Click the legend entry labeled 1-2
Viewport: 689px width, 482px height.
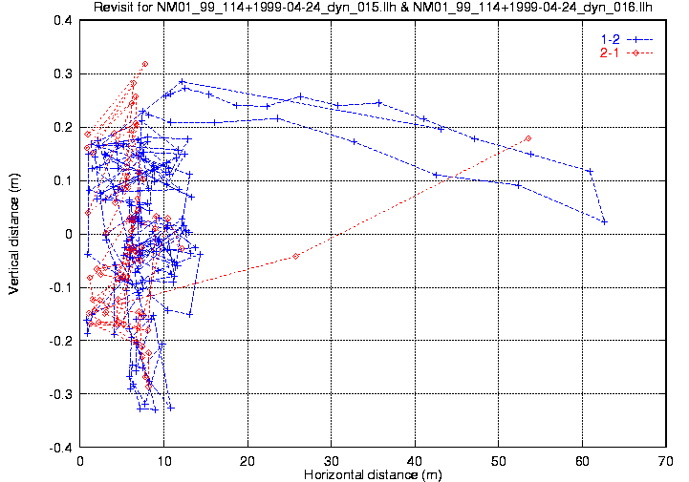click(608, 38)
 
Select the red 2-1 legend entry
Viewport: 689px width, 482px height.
click(608, 52)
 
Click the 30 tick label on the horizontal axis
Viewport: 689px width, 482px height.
click(332, 460)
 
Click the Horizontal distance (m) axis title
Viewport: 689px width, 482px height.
click(373, 474)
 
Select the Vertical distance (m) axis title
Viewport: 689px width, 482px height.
click(15, 233)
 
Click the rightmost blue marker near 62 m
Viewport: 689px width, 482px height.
click(604, 221)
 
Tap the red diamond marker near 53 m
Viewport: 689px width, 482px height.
click(528, 138)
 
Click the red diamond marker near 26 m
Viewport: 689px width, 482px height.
click(296, 256)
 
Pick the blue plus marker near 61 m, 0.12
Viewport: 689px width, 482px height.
click(590, 171)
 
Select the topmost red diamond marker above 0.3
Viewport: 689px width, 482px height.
click(145, 64)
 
